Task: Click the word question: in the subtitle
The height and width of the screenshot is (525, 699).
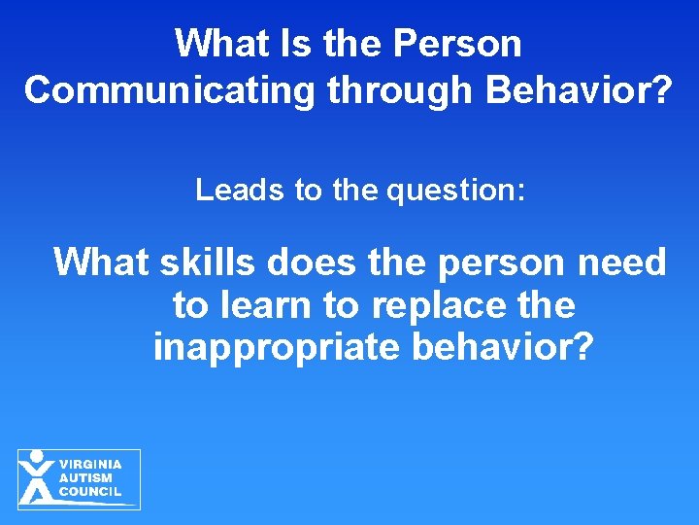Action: click(455, 190)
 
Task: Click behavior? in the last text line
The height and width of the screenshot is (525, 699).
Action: click(502, 347)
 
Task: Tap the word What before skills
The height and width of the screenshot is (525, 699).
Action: click(99, 262)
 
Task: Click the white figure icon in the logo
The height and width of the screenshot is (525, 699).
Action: click(37, 477)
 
